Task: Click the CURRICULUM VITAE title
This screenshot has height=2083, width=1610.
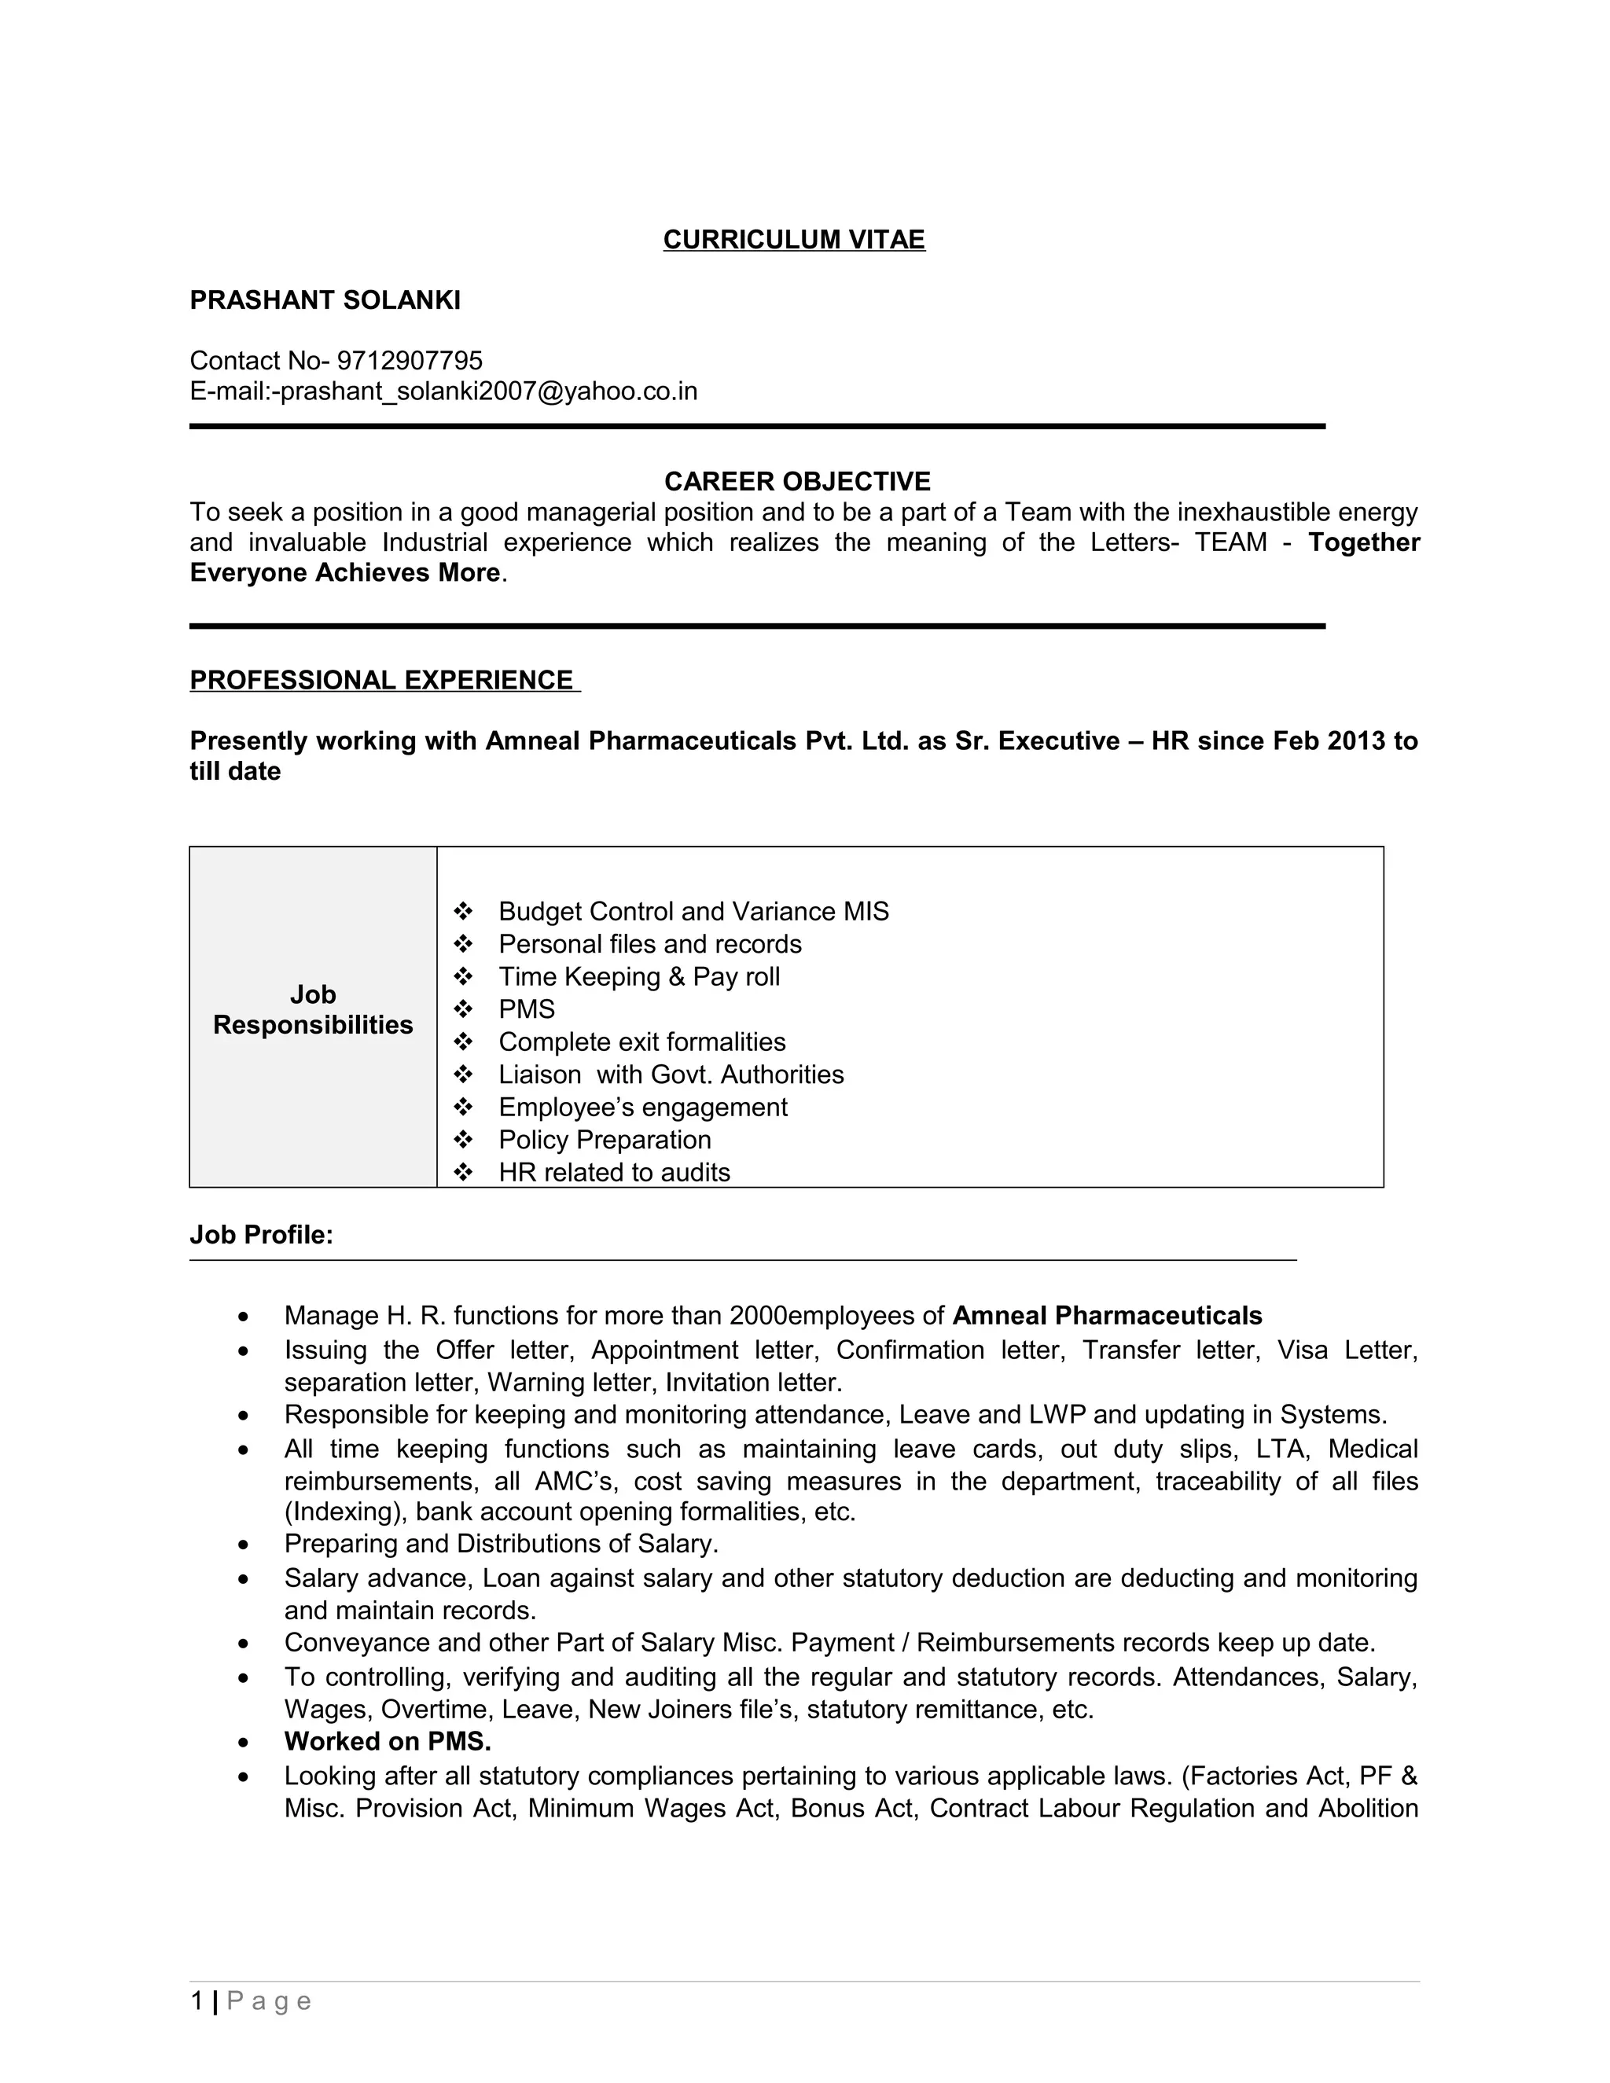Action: [x=793, y=240]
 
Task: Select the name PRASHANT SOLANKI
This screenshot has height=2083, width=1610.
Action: [x=325, y=300]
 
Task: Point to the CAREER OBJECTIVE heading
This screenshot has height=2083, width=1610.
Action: [x=796, y=481]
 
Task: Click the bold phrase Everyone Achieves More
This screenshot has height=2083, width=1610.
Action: [x=344, y=572]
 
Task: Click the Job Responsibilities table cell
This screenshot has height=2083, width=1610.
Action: [x=313, y=1010]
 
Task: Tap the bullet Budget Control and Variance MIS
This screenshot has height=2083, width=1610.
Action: [x=693, y=912]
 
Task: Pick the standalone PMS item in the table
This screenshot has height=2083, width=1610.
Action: [x=526, y=1009]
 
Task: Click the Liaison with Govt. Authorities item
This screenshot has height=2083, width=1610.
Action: [x=671, y=1075]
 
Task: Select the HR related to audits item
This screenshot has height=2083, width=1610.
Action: [x=614, y=1172]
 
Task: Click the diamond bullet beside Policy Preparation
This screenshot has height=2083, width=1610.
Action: [x=464, y=1140]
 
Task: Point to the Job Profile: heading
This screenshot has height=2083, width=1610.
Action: [x=261, y=1235]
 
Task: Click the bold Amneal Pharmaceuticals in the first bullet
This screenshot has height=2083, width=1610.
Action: [x=1106, y=1316]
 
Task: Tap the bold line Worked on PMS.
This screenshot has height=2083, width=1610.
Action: [x=388, y=1742]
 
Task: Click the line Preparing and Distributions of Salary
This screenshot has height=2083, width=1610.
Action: [x=501, y=1543]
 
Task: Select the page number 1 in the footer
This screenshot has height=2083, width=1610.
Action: [x=197, y=2001]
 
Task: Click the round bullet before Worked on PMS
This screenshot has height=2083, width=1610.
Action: [x=245, y=1743]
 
